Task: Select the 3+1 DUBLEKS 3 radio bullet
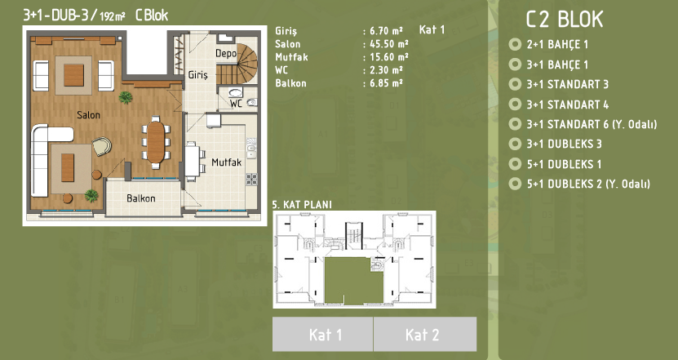point(515,144)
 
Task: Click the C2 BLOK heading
point(565,20)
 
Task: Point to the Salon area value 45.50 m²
point(388,44)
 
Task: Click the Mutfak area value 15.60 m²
point(388,57)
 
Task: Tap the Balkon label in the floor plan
point(141,198)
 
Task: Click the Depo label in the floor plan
point(226,54)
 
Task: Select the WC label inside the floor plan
point(236,104)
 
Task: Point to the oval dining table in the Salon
point(156,142)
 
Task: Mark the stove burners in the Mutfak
point(251,179)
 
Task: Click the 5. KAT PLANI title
point(302,204)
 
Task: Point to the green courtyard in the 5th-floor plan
point(353,280)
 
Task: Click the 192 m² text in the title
point(113,16)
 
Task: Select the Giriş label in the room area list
point(286,31)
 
